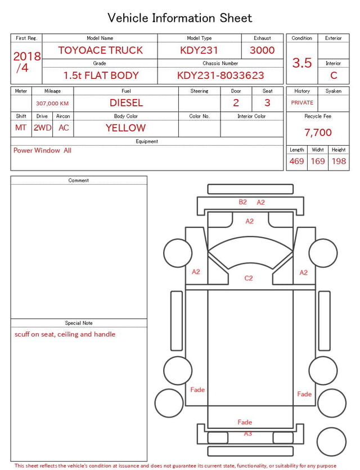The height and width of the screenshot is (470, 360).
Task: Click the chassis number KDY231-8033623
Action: [220, 75]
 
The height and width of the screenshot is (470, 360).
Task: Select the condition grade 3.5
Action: [302, 62]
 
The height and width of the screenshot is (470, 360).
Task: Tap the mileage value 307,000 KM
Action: [52, 104]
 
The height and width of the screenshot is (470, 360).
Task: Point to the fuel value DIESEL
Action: [127, 103]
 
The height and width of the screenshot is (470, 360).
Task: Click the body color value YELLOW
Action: [126, 128]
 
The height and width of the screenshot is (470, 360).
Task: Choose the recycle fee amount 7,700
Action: [318, 132]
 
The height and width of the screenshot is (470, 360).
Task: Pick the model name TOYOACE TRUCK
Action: [100, 50]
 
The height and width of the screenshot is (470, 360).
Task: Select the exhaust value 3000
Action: [262, 50]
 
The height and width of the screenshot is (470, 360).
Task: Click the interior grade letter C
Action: [334, 75]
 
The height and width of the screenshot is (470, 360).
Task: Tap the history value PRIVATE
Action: [302, 102]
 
